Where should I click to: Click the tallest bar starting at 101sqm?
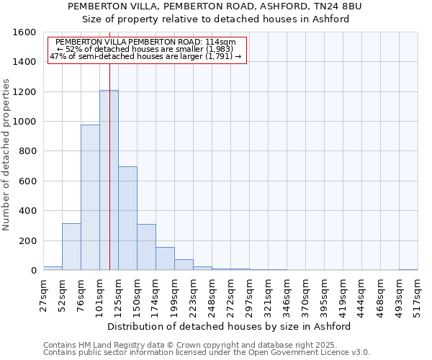pyautogui.click(x=109, y=180)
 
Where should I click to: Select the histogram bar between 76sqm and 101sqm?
pyautogui.click(x=90, y=198)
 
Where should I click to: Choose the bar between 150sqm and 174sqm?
pyautogui.click(x=146, y=247)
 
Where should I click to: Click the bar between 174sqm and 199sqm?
pyautogui.click(x=165, y=258)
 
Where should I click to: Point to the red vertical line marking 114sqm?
pyautogui.click(x=109, y=144)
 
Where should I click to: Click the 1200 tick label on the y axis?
pyautogui.click(x=25, y=92)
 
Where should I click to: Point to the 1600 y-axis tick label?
pyautogui.click(x=25, y=32)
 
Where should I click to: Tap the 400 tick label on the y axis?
pyautogui.click(x=28, y=211)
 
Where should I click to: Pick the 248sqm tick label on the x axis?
pyautogui.click(x=212, y=295)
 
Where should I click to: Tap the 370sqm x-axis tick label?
pyautogui.click(x=306, y=295)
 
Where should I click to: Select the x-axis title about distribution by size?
pyautogui.click(x=233, y=326)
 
